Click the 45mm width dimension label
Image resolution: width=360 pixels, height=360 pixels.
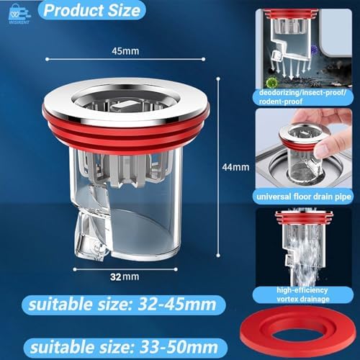pyautogui.click(x=125, y=51)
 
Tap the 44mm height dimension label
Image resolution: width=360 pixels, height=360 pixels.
pyautogui.click(x=235, y=167)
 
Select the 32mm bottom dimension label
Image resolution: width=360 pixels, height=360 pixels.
pyautogui.click(x=125, y=276)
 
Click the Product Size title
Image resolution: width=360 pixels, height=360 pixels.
pyautogui.click(x=92, y=11)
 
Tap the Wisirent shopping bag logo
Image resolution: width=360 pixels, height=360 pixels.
pyautogui.click(x=19, y=14)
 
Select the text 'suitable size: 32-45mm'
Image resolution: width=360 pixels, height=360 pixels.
pyautogui.click(x=122, y=305)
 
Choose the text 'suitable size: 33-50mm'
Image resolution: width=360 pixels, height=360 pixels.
pyautogui.click(x=124, y=347)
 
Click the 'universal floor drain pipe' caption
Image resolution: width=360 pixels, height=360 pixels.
pyautogui.click(x=304, y=197)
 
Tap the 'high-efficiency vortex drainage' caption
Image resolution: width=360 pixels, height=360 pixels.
pyautogui.click(x=302, y=294)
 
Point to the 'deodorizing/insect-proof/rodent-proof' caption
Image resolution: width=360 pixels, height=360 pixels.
pyautogui.click(x=302, y=96)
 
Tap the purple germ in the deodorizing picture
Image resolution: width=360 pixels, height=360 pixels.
pyautogui.click(x=314, y=50)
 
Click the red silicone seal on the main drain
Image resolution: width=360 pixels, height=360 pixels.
pyautogui.click(x=126, y=139)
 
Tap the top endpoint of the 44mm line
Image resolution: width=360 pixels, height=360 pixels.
pyautogui.click(x=218, y=78)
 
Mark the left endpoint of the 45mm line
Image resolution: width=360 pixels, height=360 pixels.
pyautogui.click(x=48, y=59)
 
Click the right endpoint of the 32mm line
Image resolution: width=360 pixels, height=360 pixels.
pyautogui.click(x=176, y=269)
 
